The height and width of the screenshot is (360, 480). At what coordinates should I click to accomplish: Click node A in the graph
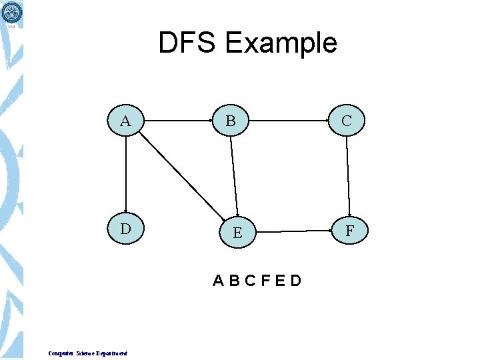point(125,121)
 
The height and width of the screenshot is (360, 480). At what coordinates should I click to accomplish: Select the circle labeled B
point(231,121)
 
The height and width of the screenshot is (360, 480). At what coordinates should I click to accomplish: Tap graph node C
point(347,121)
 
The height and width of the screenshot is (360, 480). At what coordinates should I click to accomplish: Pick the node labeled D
point(125,229)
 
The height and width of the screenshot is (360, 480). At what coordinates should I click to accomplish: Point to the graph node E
point(237,233)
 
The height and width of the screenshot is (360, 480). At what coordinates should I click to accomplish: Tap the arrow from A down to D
point(125,175)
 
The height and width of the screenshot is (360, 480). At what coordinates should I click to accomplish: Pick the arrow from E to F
point(293,231)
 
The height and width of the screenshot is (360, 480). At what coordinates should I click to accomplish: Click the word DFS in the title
point(188,43)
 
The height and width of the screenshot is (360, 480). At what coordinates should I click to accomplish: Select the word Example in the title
point(281,43)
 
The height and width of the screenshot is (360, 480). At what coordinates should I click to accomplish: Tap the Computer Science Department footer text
point(87,353)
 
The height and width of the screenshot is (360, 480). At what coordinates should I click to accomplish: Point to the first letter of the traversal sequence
point(219,281)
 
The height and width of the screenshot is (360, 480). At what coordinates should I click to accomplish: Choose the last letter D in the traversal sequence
point(295,281)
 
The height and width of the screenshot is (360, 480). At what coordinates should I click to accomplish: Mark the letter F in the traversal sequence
point(265,281)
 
